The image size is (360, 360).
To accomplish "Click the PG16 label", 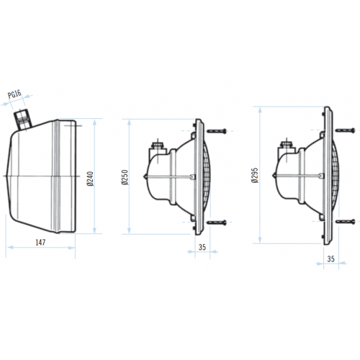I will tap(14, 94).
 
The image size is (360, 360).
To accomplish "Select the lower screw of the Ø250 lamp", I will tap(216, 223).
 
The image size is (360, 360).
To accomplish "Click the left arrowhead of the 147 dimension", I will tap(7, 247).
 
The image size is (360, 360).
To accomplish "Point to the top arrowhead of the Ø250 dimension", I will tap(130, 120).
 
